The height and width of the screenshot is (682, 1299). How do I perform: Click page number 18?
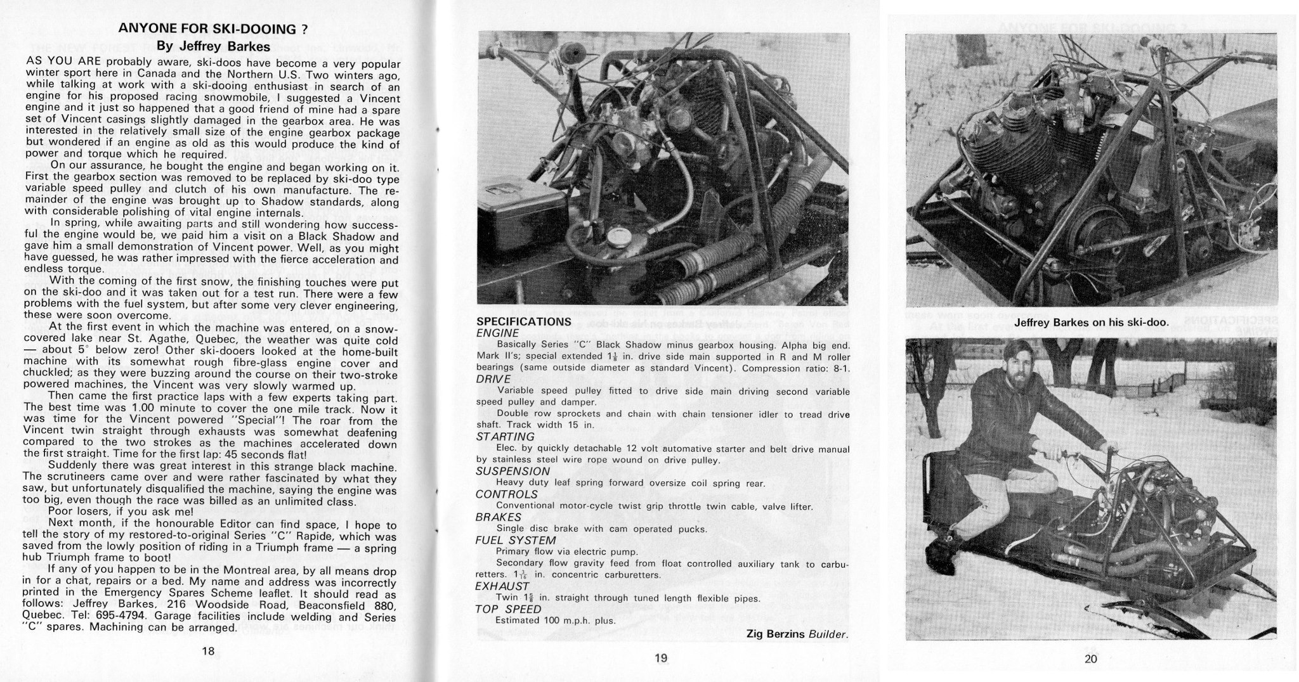coord(208,651)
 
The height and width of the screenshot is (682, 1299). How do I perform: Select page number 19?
coord(660,659)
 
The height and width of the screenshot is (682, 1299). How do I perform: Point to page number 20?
coord(1090,659)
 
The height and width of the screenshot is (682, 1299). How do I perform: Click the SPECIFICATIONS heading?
coord(524,321)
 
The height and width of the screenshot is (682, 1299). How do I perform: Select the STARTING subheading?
coord(506,437)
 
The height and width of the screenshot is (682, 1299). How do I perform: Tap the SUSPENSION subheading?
coord(513,472)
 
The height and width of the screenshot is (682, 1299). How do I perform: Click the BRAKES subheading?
coord(499,517)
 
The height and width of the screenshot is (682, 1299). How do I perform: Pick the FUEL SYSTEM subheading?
coord(516,540)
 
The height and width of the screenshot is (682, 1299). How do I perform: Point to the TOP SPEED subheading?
coord(509,609)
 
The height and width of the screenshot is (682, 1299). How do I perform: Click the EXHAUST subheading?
coord(502,586)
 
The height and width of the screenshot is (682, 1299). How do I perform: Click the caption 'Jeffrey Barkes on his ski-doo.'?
coord(1091,323)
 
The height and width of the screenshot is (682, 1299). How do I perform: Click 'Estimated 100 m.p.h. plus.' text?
coord(556,621)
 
